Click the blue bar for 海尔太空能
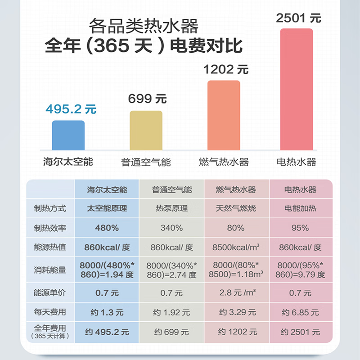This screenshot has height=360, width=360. coord(68,135)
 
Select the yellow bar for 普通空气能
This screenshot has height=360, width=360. coord(146,130)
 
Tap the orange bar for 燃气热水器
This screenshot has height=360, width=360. coord(224,115)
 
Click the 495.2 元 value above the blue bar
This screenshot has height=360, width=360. coord(71,109)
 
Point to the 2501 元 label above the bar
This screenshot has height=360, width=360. coord(299,18)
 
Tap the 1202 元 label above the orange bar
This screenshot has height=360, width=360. coord(226,70)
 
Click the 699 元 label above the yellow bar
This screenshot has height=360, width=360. coord(147,99)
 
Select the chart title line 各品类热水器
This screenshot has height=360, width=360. coord(144,26)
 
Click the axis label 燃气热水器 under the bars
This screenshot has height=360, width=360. coord(224,162)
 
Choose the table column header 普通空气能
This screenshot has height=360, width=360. coord(171,189)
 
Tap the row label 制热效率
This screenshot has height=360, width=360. coord(49,228)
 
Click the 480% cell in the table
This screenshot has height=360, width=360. coord(107,228)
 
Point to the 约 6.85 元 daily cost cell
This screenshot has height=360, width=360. coord(301,312)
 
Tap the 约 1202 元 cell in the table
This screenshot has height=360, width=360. coord(238,332)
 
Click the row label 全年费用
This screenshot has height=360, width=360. coord(49,329)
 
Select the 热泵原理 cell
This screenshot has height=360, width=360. coord(171,208)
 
